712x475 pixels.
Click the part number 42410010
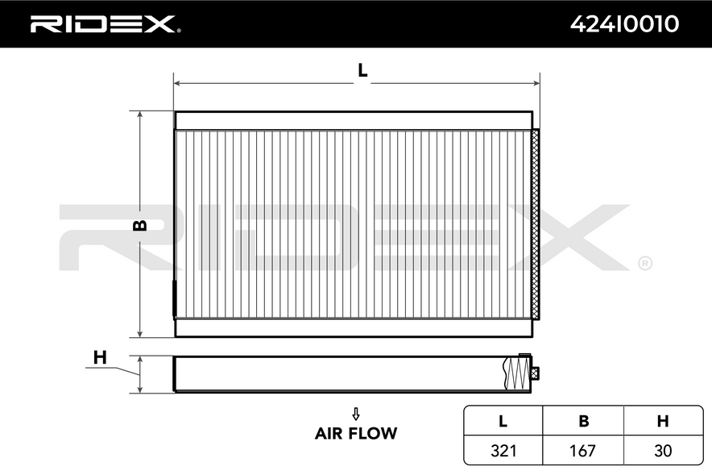pos(624,23)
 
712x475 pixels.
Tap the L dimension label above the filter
pos(362,70)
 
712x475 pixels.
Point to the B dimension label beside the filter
pos(140,224)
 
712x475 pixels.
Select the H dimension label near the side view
pos(100,357)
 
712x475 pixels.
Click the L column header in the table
pos(503,421)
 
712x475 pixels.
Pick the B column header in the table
pos(583,421)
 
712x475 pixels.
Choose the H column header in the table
pos(663,421)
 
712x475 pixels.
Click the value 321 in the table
pos(503,451)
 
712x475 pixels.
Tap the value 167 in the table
pos(582,451)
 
